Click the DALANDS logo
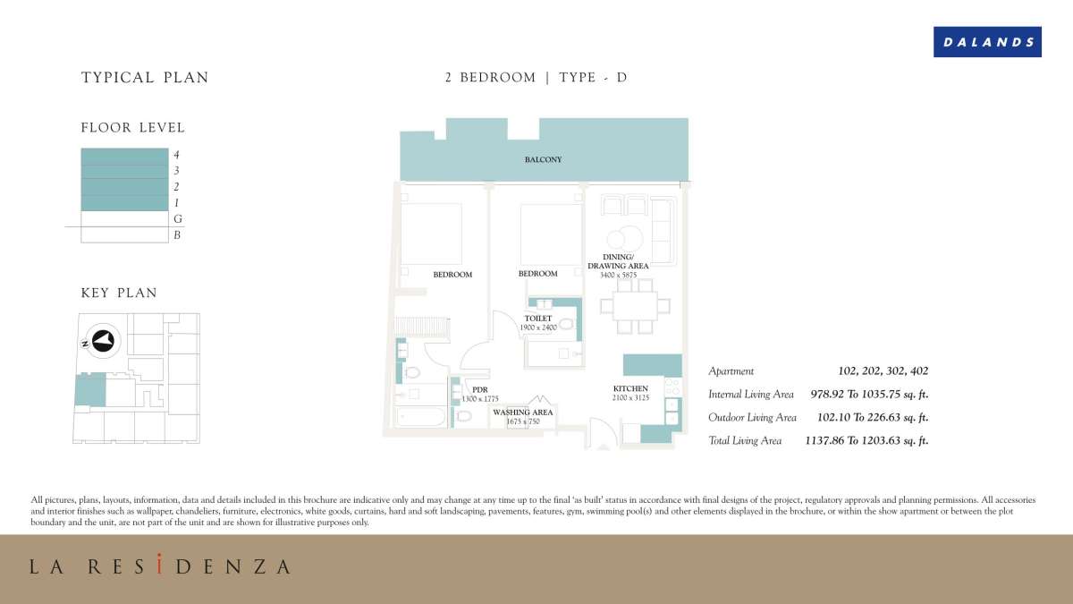pyautogui.click(x=987, y=42)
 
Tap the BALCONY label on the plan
pyautogui.click(x=543, y=160)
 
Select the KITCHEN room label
pyautogui.click(x=630, y=388)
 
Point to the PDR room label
pyautogui.click(x=480, y=389)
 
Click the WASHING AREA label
pyautogui.click(x=523, y=413)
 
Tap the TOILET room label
pyautogui.click(x=537, y=319)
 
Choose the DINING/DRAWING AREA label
pyautogui.click(x=618, y=261)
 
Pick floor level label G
pyautogui.click(x=177, y=219)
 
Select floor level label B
pyautogui.click(x=177, y=235)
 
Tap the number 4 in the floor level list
pyautogui.click(x=176, y=155)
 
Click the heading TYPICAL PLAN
pyautogui.click(x=145, y=78)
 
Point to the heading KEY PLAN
pyautogui.click(x=119, y=293)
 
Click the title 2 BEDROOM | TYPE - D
pyautogui.click(x=536, y=78)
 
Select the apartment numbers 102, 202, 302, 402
pyautogui.click(x=883, y=370)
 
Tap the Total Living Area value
pyautogui.click(x=866, y=440)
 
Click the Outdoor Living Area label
pyautogui.click(x=752, y=417)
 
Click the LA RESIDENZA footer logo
pyautogui.click(x=160, y=566)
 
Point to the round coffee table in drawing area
pyautogui.click(x=622, y=239)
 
